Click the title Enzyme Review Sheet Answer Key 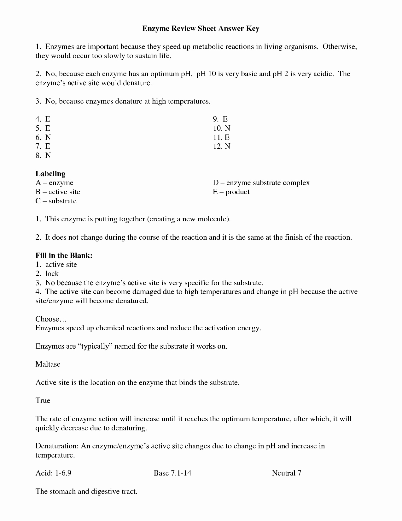[x=201, y=28]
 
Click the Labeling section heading [x=50, y=174]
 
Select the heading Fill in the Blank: [x=64, y=255]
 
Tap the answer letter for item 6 [x=48, y=137]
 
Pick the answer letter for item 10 [x=227, y=128]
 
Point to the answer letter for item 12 [x=227, y=146]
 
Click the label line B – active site [x=58, y=192]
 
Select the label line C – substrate [x=56, y=201]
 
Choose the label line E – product [x=231, y=192]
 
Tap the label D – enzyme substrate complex [x=261, y=183]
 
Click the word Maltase [x=48, y=364]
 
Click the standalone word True [x=43, y=401]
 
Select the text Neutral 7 [x=286, y=473]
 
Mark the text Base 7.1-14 [x=172, y=473]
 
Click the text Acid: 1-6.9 [x=51, y=473]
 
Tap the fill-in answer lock [x=52, y=274]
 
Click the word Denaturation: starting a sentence [x=57, y=446]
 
